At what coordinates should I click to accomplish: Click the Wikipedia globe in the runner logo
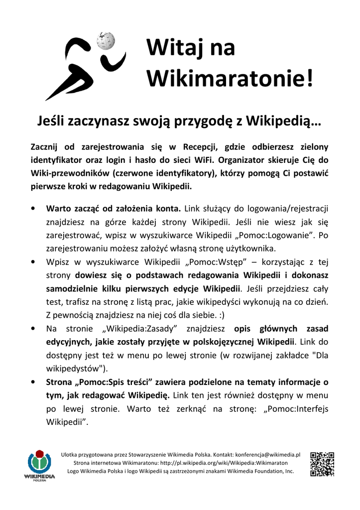[106, 41]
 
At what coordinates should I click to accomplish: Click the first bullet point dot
[33, 208]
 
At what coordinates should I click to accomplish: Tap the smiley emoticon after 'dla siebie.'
[219, 315]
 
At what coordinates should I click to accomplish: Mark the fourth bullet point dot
[33, 382]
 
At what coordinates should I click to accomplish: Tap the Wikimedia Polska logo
[39, 464]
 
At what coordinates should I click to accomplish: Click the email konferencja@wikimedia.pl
[268, 454]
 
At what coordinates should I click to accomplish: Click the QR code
[322, 464]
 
